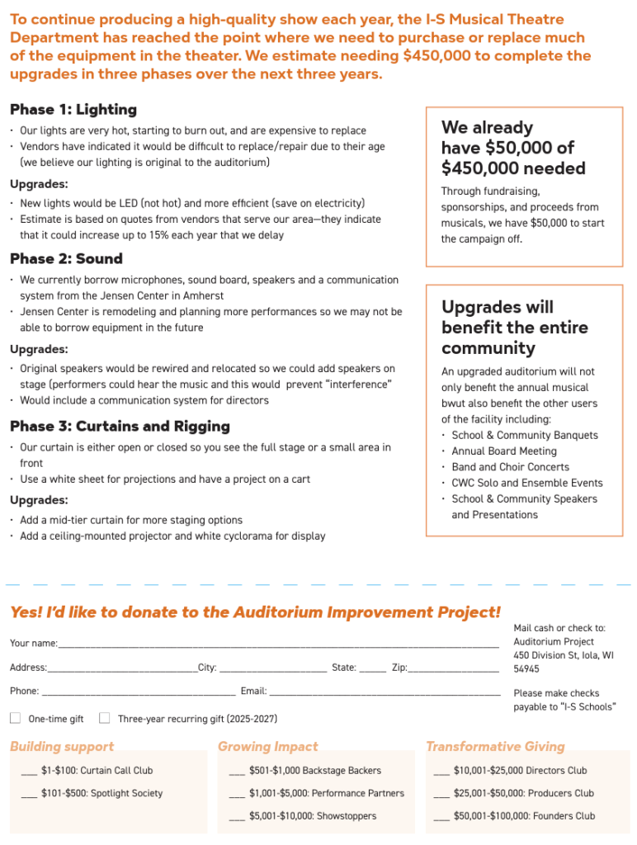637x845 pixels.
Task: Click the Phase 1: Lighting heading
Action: pyautogui.click(x=73, y=110)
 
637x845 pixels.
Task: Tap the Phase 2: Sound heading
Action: pyautogui.click(x=66, y=258)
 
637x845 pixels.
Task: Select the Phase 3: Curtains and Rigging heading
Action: pyautogui.click(x=120, y=426)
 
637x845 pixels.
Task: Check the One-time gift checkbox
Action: pyautogui.click(x=16, y=718)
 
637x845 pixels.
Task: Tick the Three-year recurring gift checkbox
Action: pyautogui.click(x=105, y=718)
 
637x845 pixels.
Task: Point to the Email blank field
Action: pyautogui.click(x=385, y=692)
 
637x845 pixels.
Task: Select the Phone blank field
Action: pyautogui.click(x=138, y=692)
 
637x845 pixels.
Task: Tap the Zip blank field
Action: pyautogui.click(x=453, y=668)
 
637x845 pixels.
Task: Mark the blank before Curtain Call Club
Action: pyautogui.click(x=29, y=772)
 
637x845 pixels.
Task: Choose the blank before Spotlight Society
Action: pyautogui.click(x=29, y=795)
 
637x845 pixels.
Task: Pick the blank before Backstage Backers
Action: pyautogui.click(x=237, y=772)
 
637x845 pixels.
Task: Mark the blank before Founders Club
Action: pyautogui.click(x=441, y=818)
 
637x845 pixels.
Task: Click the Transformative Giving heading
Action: pyautogui.click(x=495, y=746)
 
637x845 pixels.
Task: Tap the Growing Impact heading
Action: pyautogui.click(x=267, y=746)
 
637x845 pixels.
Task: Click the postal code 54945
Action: pyautogui.click(x=526, y=669)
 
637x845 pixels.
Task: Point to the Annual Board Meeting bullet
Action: pyautogui.click(x=503, y=451)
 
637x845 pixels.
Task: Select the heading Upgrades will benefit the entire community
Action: pyautogui.click(x=515, y=328)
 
